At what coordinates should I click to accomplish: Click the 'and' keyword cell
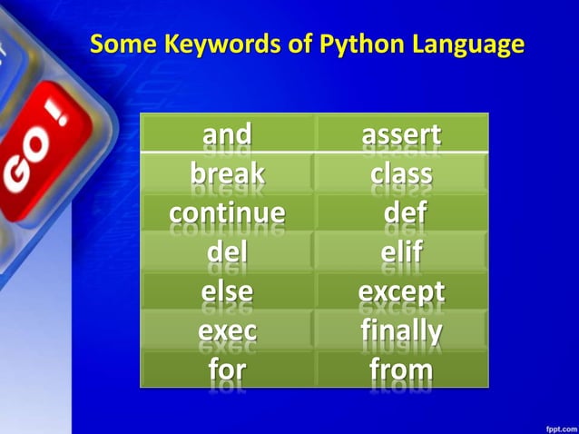tap(227, 134)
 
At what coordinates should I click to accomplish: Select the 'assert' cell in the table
tap(401, 134)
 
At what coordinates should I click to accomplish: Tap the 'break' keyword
tap(227, 172)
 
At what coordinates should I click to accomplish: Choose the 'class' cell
tap(401, 172)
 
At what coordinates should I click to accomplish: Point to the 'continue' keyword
tap(227, 212)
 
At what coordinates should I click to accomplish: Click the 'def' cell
tap(401, 212)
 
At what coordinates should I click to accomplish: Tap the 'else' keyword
tap(227, 291)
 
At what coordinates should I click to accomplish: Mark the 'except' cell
tap(401, 291)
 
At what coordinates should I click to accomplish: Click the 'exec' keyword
tap(227, 330)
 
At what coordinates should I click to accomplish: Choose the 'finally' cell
tap(401, 330)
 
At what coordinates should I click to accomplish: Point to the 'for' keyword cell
tap(227, 369)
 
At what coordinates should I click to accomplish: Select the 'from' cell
tap(401, 369)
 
